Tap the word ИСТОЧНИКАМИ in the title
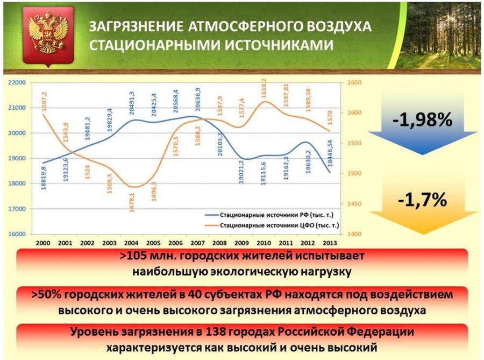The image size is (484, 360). click(x=279, y=45)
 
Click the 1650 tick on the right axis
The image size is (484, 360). click(x=354, y=83)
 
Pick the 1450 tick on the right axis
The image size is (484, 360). click(x=354, y=204)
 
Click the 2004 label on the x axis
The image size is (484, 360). click(x=131, y=243)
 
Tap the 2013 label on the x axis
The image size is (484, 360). click(x=330, y=243)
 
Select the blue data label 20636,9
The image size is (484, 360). click(x=198, y=100)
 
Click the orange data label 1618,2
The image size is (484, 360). click(x=264, y=88)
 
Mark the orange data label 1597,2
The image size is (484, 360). click(x=44, y=101)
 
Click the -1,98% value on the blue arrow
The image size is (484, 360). click(x=422, y=119)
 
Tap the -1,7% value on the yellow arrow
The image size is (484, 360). click(x=422, y=200)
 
